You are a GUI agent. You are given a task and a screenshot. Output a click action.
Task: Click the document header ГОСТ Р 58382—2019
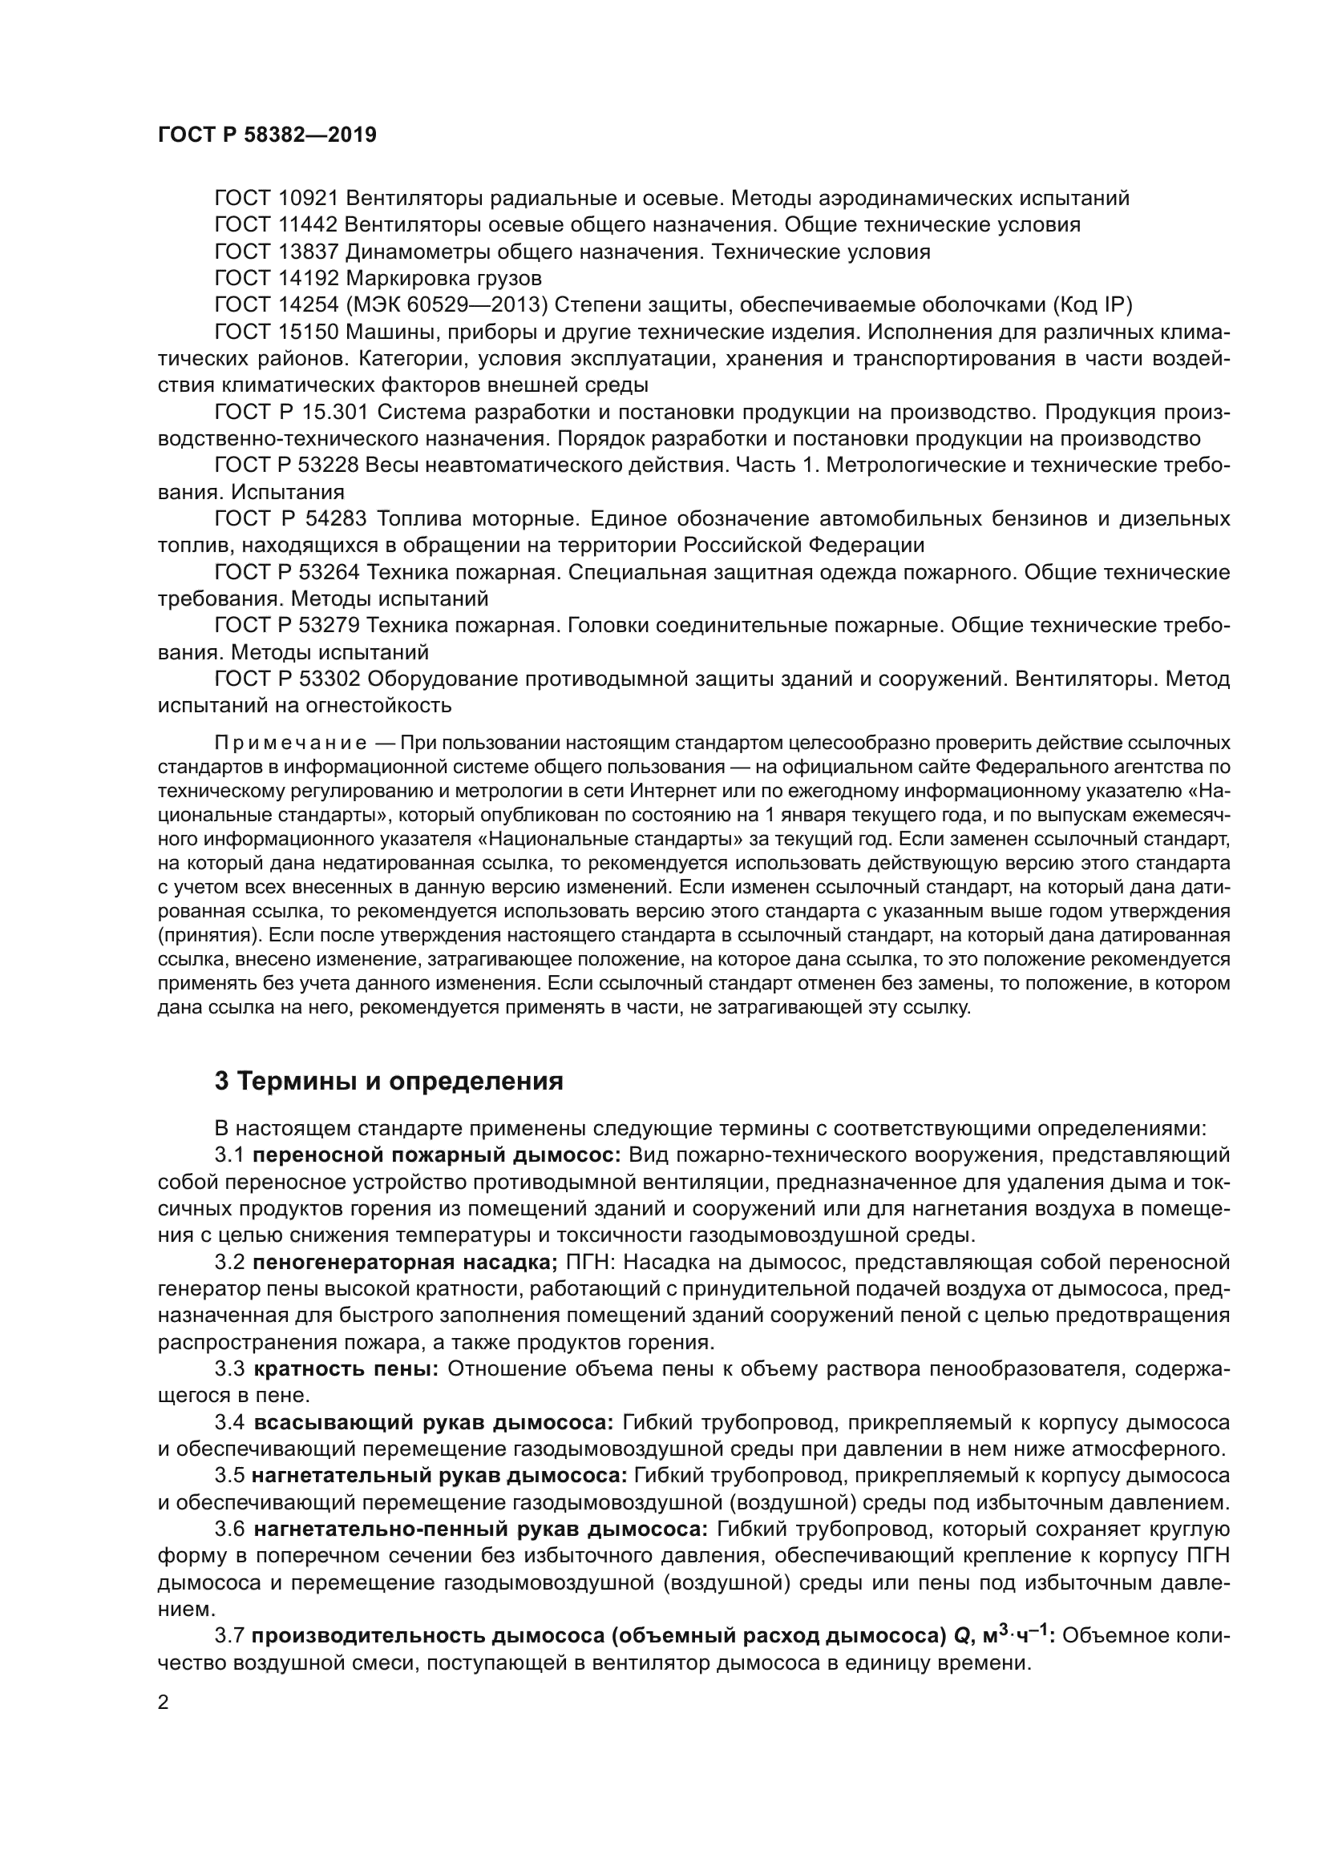[x=267, y=135]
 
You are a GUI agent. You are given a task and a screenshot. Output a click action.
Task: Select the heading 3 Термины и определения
[x=389, y=1082]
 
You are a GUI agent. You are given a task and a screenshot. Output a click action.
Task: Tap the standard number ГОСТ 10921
[x=276, y=199]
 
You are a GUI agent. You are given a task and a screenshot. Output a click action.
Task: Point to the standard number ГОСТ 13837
[x=276, y=252]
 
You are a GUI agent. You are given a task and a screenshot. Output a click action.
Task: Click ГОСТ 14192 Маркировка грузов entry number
[x=276, y=278]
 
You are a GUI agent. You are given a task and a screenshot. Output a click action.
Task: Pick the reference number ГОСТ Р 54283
[x=292, y=519]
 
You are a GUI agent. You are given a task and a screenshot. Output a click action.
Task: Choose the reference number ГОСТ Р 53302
[x=292, y=679]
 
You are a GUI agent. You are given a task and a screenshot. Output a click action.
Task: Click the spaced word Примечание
[x=290, y=743]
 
